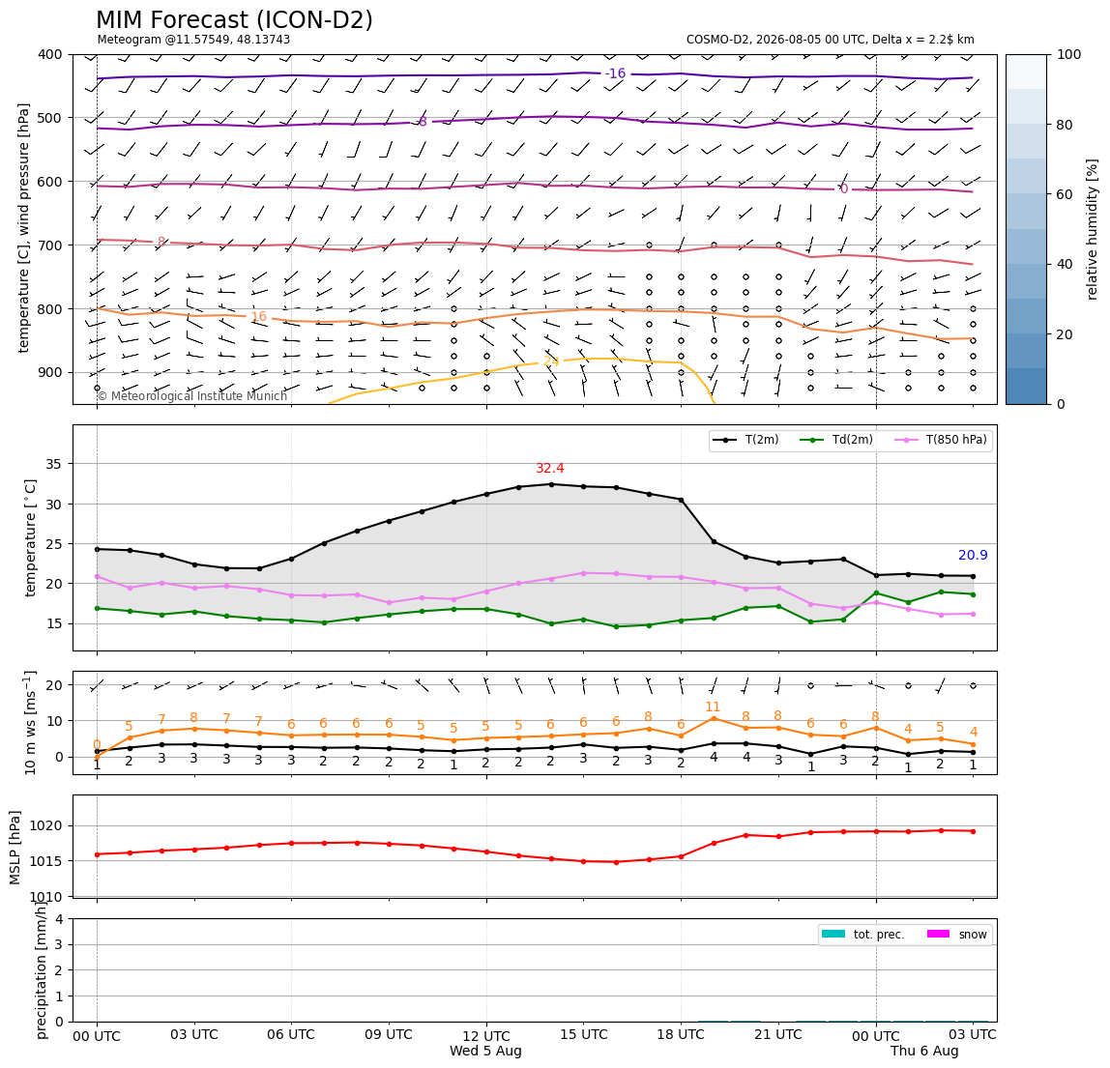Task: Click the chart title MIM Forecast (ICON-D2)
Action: tap(234, 20)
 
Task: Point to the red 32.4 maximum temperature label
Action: tap(550, 469)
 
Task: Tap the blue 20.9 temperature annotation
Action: tap(973, 556)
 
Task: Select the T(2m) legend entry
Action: tap(745, 440)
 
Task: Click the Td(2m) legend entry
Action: tap(836, 440)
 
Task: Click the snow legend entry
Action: tap(956, 935)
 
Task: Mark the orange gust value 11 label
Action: tap(713, 707)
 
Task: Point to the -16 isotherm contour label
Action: tap(615, 73)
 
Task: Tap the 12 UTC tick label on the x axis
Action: tap(486, 1035)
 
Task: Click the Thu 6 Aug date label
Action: tap(924, 1051)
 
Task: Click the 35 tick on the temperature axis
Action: tap(54, 464)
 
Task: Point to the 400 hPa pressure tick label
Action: tap(50, 54)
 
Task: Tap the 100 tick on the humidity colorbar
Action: tap(1069, 54)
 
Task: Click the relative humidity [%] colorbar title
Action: tap(1093, 229)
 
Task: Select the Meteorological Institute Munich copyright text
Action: tap(191, 395)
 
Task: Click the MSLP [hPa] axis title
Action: tap(15, 847)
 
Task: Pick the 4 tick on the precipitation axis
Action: tap(59, 919)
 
